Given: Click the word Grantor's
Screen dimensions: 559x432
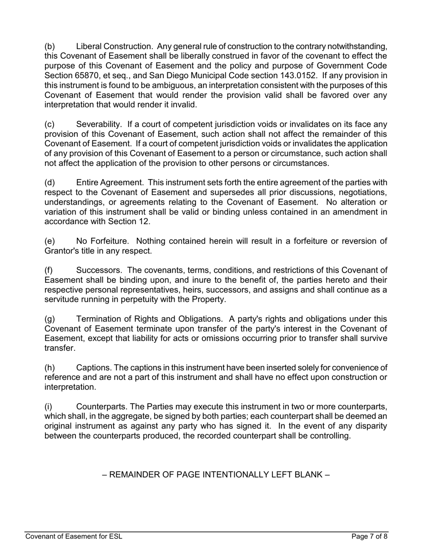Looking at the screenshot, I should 62,251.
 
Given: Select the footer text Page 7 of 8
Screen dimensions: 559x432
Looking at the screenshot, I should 369,537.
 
